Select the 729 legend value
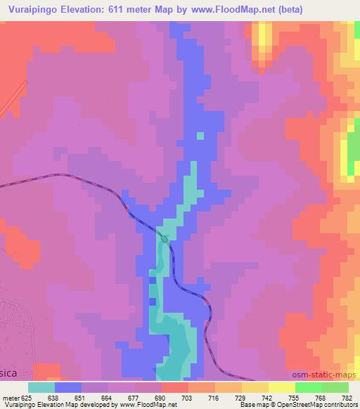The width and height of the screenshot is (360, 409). [x=242, y=397]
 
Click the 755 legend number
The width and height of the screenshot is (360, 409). [x=295, y=397]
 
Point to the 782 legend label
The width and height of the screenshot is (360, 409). [x=347, y=397]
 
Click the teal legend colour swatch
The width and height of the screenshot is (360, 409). [x=41, y=387]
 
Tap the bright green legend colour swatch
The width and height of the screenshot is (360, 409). [x=309, y=387]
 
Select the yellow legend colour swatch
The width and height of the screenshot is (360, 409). [x=282, y=387]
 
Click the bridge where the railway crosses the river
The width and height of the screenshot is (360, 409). [x=165, y=239]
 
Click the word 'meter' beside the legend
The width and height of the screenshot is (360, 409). [x=10, y=397]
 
